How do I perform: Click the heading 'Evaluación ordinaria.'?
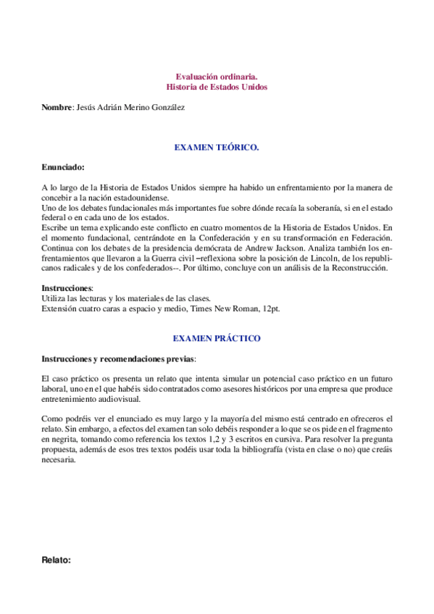coord(217,76)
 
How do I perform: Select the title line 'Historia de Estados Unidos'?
coord(217,87)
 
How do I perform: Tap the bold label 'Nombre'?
coord(57,107)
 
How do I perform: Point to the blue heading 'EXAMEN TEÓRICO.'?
coord(217,147)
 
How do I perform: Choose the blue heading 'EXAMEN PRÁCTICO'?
coord(217,338)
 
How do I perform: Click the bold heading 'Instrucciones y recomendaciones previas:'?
coord(118,358)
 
